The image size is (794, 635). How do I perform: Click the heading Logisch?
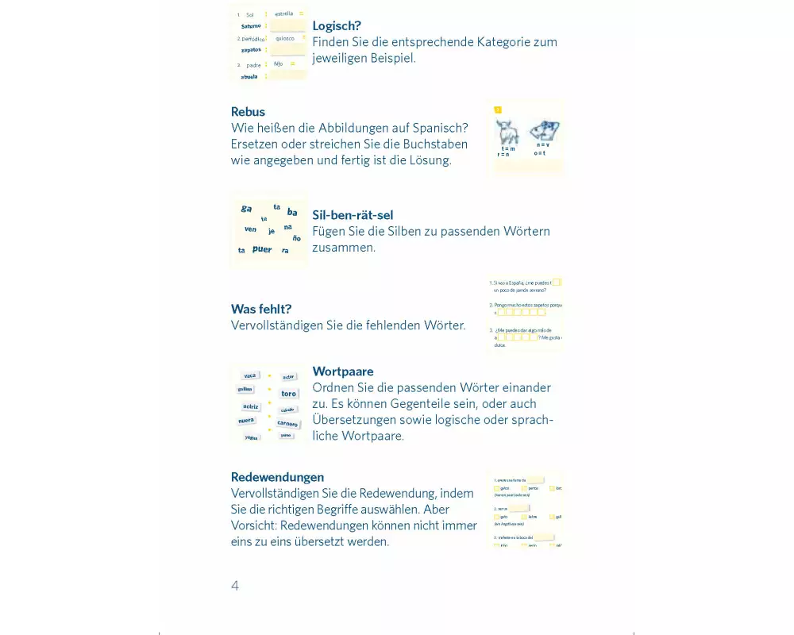coord(337,25)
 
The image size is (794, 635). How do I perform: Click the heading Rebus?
coord(248,112)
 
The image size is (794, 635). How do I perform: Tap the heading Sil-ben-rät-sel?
coord(353,215)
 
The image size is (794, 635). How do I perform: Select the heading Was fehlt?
coord(261,309)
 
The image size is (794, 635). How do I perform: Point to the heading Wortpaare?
coord(343,371)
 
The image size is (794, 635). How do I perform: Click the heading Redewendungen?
coord(277,477)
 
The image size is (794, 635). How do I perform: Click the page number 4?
coord(235,586)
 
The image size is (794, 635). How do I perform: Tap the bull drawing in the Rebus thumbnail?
coord(507,132)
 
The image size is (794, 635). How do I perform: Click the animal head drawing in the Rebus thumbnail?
coord(545,130)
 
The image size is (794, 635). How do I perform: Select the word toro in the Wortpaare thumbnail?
coord(288,394)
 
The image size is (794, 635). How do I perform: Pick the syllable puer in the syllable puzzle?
coord(262,249)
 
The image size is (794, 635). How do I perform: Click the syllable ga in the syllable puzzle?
coord(246,209)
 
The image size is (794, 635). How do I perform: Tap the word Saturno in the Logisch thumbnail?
coord(251,26)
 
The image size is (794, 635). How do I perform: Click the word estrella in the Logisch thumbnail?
coord(283,13)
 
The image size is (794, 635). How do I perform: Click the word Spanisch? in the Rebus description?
coord(441,128)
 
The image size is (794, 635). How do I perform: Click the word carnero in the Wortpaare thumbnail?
coord(287,424)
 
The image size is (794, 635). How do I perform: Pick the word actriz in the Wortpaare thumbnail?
coord(251,406)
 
